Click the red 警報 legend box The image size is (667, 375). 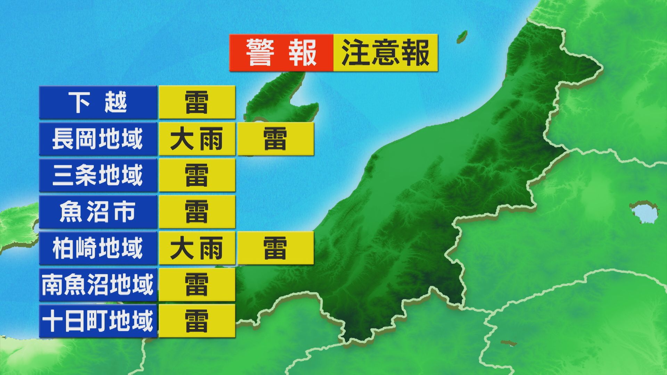click(281, 53)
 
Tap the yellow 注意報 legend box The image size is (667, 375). click(385, 53)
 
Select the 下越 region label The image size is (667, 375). click(98, 103)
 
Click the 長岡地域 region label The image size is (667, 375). click(98, 139)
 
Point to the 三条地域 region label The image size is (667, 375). click(98, 175)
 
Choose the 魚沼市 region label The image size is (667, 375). click(98, 211)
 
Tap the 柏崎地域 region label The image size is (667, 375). click(98, 248)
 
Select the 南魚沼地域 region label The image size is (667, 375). click(98, 284)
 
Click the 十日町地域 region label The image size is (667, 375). click(98, 321)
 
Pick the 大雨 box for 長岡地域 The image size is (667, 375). click(197, 139)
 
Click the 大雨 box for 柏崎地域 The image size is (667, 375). click(197, 248)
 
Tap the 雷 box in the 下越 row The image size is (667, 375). click(197, 103)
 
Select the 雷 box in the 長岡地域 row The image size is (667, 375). click(275, 139)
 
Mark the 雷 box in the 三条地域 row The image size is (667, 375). click(197, 175)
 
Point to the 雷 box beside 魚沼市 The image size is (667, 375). click(197, 211)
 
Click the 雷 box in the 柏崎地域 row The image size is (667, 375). click(275, 248)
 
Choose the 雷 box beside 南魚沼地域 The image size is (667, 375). click(197, 284)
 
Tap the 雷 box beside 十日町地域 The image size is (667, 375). click(197, 321)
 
